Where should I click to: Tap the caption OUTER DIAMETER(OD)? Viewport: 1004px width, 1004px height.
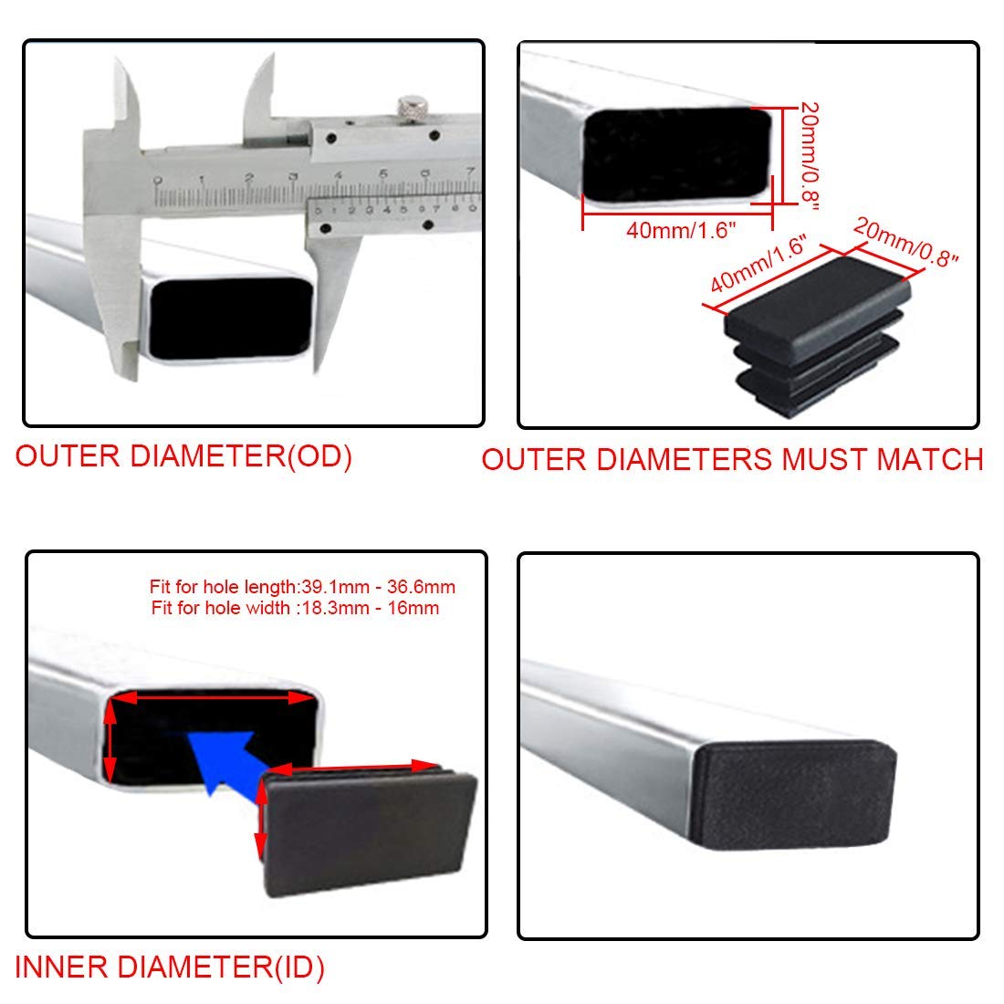(x=183, y=456)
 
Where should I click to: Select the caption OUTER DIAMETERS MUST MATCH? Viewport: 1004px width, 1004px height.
(x=732, y=460)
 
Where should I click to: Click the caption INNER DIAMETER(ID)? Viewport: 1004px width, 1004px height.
(x=170, y=967)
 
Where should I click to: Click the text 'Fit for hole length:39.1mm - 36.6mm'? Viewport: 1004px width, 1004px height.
(x=302, y=587)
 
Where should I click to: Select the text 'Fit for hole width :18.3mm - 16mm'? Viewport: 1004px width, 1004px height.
(x=295, y=608)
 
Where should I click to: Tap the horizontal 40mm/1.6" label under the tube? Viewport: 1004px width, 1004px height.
(x=681, y=230)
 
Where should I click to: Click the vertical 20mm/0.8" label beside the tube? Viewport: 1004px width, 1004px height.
(x=810, y=155)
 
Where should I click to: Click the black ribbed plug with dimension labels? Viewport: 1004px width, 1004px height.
(x=819, y=336)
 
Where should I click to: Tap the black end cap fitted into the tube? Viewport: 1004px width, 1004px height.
(x=794, y=794)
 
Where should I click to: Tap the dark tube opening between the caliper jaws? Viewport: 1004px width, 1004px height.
(x=232, y=318)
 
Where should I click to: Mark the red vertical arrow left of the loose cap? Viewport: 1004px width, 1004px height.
(x=261, y=820)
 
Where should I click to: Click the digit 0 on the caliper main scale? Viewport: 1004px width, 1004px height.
(x=158, y=182)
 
